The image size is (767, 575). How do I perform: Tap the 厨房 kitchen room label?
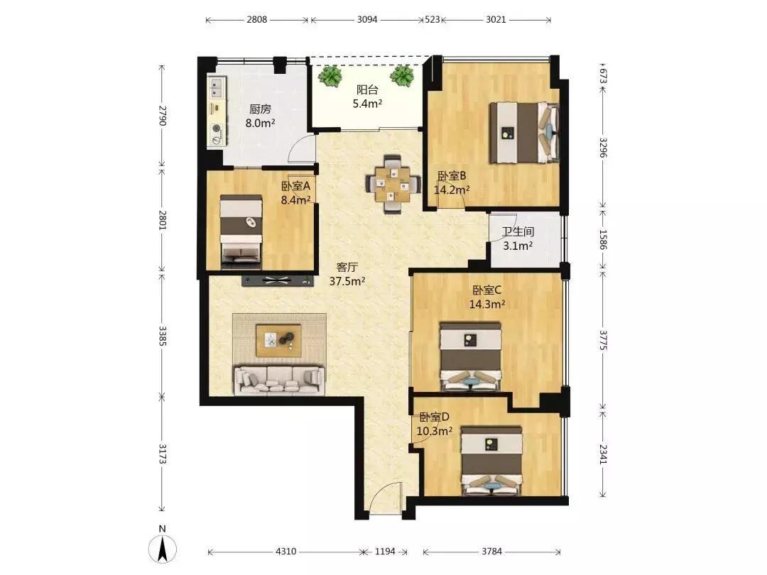[260, 109]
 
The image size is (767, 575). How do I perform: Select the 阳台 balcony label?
[367, 90]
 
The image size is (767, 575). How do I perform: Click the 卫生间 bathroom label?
[518, 231]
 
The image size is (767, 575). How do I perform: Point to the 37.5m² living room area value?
[347, 281]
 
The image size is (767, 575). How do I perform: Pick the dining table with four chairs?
[393, 185]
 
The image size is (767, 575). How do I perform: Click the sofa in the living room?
[279, 380]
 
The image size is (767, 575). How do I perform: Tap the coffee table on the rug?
[278, 340]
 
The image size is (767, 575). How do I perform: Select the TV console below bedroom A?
[278, 280]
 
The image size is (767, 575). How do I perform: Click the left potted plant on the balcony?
[330, 76]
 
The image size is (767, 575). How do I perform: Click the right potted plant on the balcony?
[402, 76]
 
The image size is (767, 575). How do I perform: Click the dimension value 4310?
[285, 552]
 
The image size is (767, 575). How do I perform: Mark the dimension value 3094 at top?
[367, 20]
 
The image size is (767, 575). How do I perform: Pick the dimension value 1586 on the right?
[603, 240]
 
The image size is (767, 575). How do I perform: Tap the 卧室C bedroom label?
[486, 290]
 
